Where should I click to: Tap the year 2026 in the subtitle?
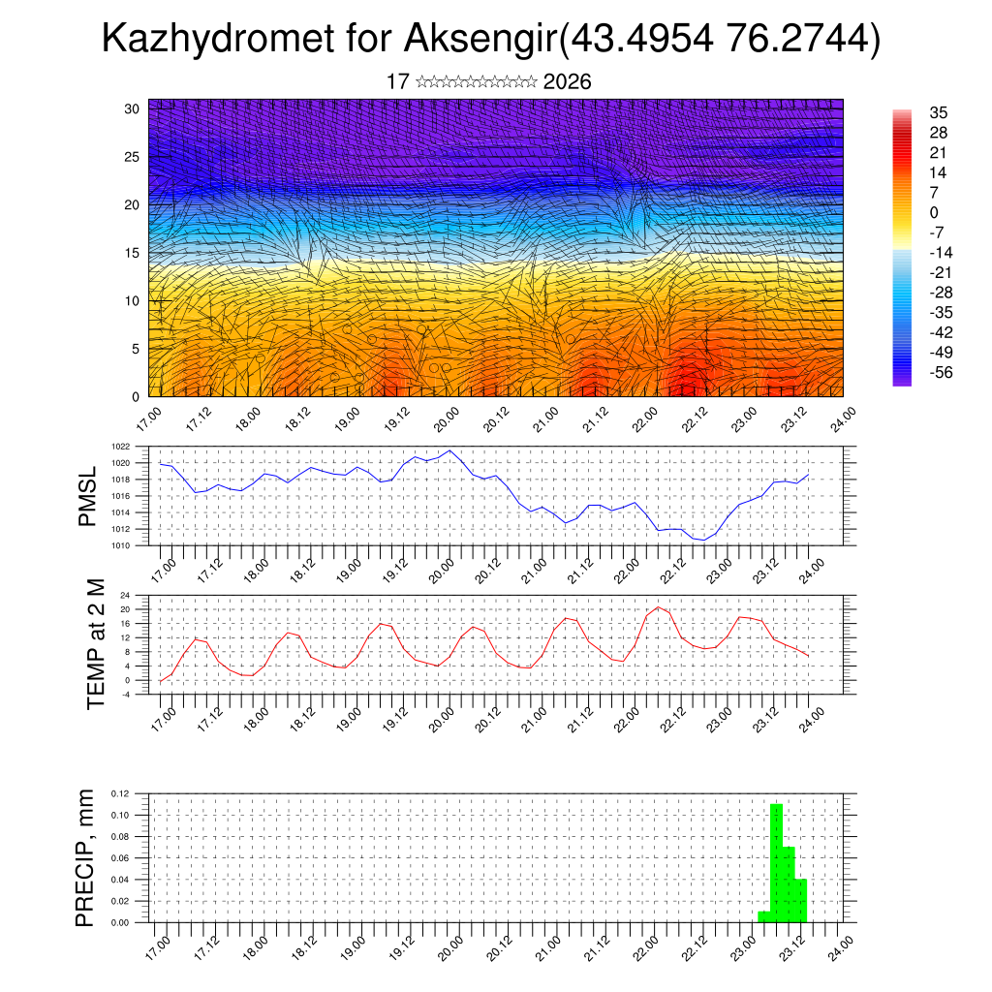pos(567,82)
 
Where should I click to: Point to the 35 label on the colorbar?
pos(938,112)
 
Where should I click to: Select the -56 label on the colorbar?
pos(939,372)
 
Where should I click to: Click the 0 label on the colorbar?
pos(933,212)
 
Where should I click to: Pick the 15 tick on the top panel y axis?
pos(132,253)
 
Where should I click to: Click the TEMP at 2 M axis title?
pos(95,643)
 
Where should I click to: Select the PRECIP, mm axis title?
pos(85,857)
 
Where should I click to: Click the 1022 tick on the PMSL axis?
pos(120,448)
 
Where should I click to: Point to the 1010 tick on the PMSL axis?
pos(120,545)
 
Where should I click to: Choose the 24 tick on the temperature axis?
pos(125,595)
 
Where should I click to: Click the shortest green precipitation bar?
pos(763,916)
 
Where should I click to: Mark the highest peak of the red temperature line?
pos(659,607)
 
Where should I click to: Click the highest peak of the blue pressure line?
pos(450,450)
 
